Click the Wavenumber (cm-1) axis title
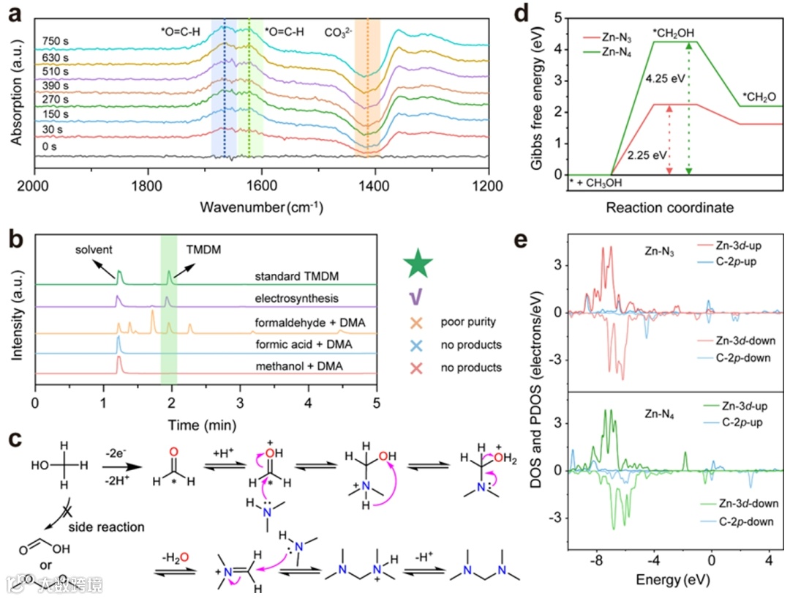pos(262,207)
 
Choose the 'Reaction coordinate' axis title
pos(669,208)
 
